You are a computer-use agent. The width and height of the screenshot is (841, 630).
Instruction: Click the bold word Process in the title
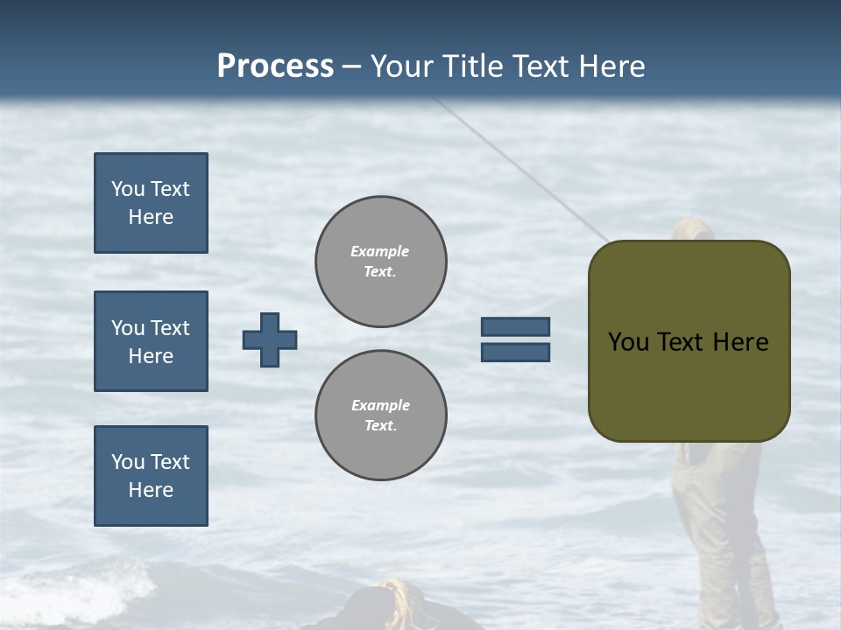click(275, 66)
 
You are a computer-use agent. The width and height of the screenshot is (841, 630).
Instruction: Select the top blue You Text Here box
click(151, 203)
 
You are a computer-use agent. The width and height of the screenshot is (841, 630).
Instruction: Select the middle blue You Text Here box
click(151, 341)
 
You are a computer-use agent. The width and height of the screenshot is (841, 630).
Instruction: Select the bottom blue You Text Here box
click(151, 476)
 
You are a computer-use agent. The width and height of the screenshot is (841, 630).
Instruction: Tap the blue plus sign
click(270, 339)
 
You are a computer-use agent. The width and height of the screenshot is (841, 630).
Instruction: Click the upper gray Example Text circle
click(381, 262)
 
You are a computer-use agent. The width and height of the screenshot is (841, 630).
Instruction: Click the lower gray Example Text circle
click(381, 416)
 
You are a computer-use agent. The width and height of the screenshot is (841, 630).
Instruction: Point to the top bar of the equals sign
click(515, 326)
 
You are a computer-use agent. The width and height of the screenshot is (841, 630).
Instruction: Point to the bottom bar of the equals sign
click(515, 352)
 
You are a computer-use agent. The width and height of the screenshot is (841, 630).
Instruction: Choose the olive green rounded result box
click(689, 385)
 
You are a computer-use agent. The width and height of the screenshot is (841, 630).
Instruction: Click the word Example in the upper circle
click(380, 251)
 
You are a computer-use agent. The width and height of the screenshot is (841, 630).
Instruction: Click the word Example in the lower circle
click(380, 405)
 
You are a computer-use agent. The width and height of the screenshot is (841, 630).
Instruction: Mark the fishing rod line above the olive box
click(526, 171)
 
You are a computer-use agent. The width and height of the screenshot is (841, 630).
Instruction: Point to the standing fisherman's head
click(693, 229)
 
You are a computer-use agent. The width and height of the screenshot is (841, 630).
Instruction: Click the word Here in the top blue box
click(151, 217)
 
